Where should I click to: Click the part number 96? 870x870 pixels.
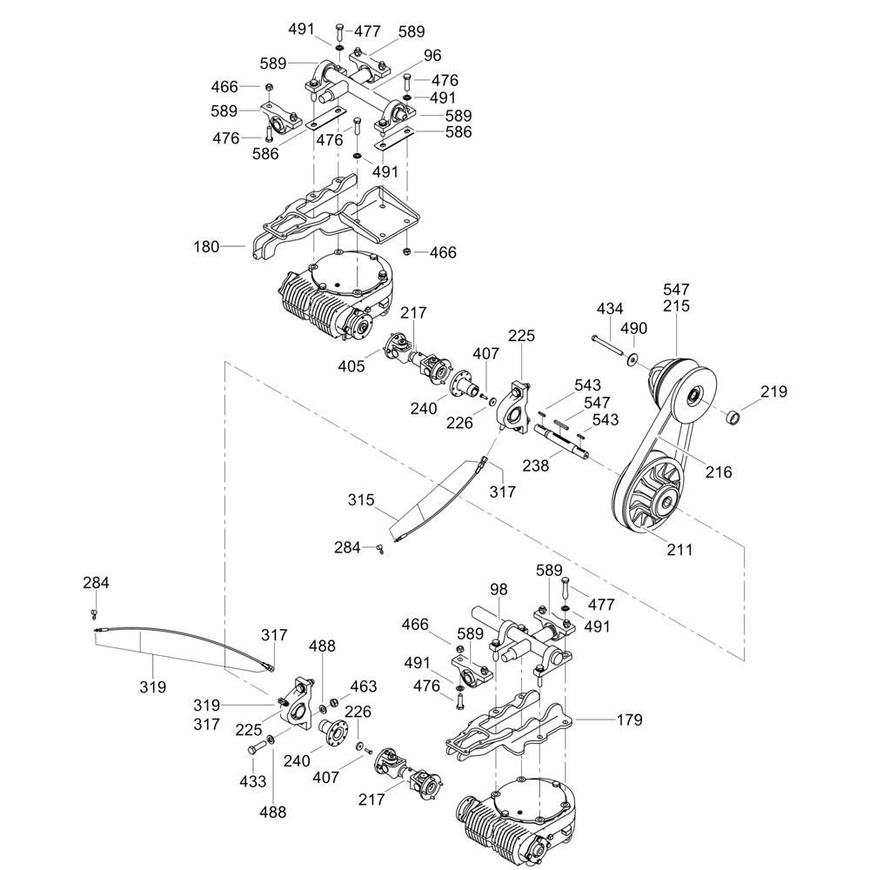432,56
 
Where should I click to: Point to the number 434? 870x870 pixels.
610,309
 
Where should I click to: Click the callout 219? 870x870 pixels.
774,391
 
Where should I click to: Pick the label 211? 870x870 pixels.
679,549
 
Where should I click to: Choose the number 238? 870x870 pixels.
536,465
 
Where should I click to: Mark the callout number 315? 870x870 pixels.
361,500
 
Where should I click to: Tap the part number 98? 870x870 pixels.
499,590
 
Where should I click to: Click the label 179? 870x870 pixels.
629,719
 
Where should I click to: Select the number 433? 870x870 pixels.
253,781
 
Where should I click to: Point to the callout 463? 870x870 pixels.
363,686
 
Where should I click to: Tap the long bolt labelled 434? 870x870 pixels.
609,345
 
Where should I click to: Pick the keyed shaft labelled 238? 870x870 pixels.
560,441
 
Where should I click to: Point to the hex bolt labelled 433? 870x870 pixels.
258,747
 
